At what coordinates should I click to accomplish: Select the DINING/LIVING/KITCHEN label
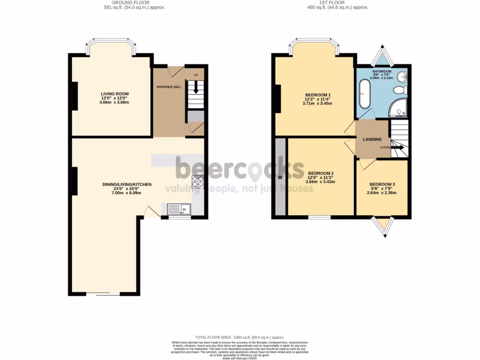pyautogui.click(x=127, y=185)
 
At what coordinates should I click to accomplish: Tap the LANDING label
pyautogui.click(x=372, y=139)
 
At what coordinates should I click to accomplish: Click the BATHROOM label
pyautogui.click(x=382, y=72)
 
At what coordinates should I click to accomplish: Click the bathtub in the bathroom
pyautogui.click(x=364, y=94)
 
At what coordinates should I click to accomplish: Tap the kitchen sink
pyautogui.click(x=179, y=209)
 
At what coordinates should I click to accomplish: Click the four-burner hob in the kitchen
pyautogui.click(x=197, y=181)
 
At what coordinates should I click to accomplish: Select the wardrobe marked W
pyautogui.click(x=280, y=177)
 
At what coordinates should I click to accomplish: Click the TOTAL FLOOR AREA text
pyautogui.click(x=240, y=337)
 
